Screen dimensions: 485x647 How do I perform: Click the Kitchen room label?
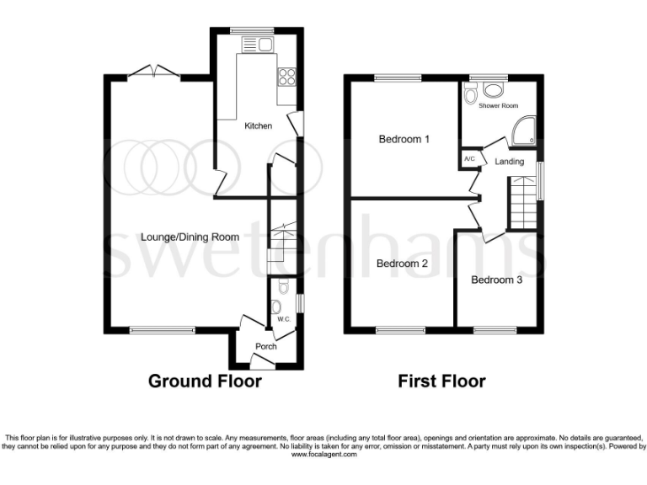258,126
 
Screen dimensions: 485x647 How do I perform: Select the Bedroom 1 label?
404,139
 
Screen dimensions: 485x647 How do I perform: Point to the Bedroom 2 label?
402,264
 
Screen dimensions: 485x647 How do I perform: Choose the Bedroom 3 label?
496,280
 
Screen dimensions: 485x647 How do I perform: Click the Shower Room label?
495,107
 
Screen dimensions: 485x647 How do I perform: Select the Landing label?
509,162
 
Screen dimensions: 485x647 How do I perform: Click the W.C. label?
282,319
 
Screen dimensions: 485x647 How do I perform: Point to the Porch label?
266,346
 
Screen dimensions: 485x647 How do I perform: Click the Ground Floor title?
205,381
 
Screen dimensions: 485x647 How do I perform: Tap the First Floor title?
441,381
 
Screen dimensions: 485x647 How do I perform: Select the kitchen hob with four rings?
286,77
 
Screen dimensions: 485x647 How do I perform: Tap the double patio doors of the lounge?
154,73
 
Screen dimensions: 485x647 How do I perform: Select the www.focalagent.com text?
323,454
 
